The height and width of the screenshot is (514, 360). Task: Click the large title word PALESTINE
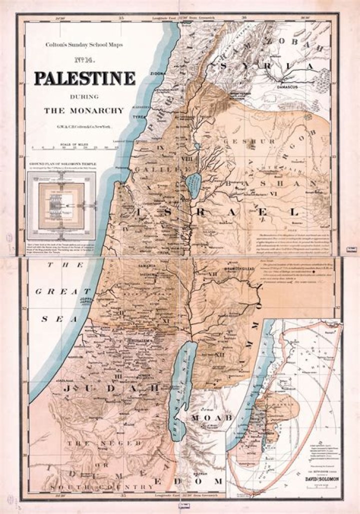pos(84,78)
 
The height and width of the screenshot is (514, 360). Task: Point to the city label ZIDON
pos(157,73)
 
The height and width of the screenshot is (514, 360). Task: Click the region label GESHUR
pos(248,142)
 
